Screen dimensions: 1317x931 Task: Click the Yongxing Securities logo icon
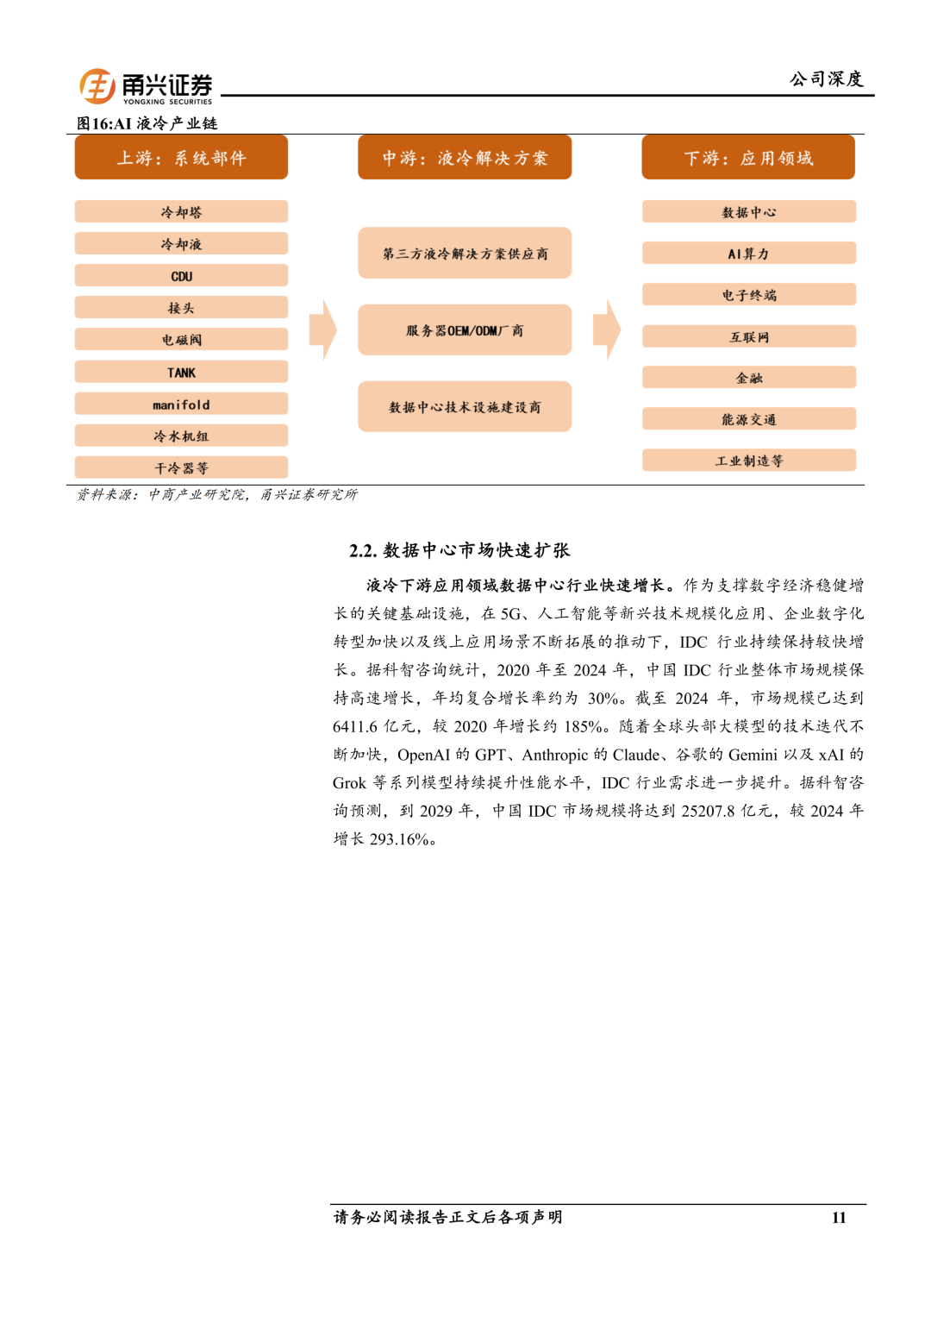97,86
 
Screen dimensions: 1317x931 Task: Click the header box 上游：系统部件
181,158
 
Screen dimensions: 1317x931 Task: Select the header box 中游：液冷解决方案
465,158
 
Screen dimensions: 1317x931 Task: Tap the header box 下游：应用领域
748,158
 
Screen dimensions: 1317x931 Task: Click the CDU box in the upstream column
181,276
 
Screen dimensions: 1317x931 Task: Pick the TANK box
181,373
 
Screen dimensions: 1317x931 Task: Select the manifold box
181,405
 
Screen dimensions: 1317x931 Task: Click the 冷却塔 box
181,212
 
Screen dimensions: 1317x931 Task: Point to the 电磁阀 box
181,340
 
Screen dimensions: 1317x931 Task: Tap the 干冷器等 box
181,468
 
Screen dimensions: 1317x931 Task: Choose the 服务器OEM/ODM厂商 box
465,330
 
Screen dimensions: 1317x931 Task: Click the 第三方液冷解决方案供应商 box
465,254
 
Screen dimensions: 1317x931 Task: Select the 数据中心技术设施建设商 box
465,407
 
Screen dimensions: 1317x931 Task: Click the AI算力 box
748,254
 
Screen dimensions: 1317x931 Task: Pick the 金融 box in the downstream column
748,378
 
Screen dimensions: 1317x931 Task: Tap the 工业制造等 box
748,461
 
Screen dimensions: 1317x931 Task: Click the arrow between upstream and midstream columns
323,329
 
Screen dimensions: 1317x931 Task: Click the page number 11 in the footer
839,1218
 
